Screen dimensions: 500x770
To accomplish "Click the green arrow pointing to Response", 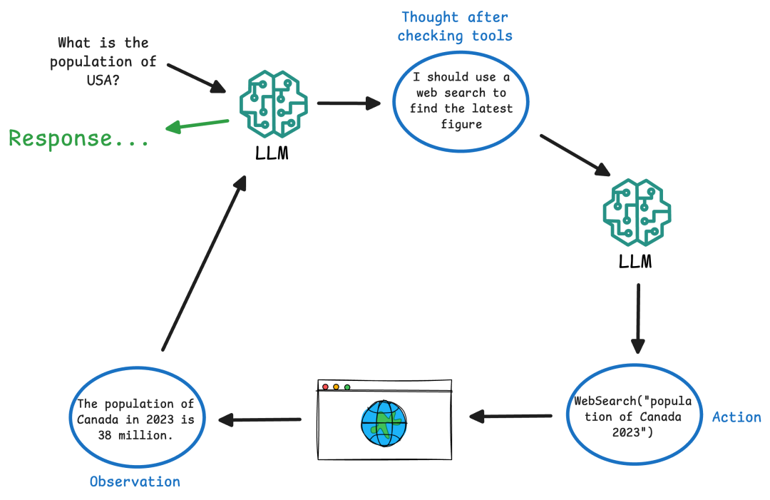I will click(197, 125).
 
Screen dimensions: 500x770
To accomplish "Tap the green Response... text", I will click(79, 138).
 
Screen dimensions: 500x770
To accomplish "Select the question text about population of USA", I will click(103, 62).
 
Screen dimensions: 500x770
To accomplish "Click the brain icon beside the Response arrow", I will click(272, 103).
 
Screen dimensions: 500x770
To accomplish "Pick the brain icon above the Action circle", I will click(637, 212).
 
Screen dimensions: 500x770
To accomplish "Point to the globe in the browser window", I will click(384, 424).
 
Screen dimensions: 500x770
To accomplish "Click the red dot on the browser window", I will click(326, 387).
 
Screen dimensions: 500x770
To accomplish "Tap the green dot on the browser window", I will click(347, 387).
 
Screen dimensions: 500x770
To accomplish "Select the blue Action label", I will click(736, 417).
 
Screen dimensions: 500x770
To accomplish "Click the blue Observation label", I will click(135, 481).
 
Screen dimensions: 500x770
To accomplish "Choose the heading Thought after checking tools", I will click(455, 26).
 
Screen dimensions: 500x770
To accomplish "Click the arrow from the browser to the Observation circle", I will click(260, 419).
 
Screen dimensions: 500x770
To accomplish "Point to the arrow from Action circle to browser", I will click(510, 416).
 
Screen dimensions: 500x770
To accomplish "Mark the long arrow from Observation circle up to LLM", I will click(203, 264).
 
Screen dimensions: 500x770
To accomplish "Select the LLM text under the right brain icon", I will click(635, 262).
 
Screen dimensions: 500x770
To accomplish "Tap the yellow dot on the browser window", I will click(337, 387).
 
